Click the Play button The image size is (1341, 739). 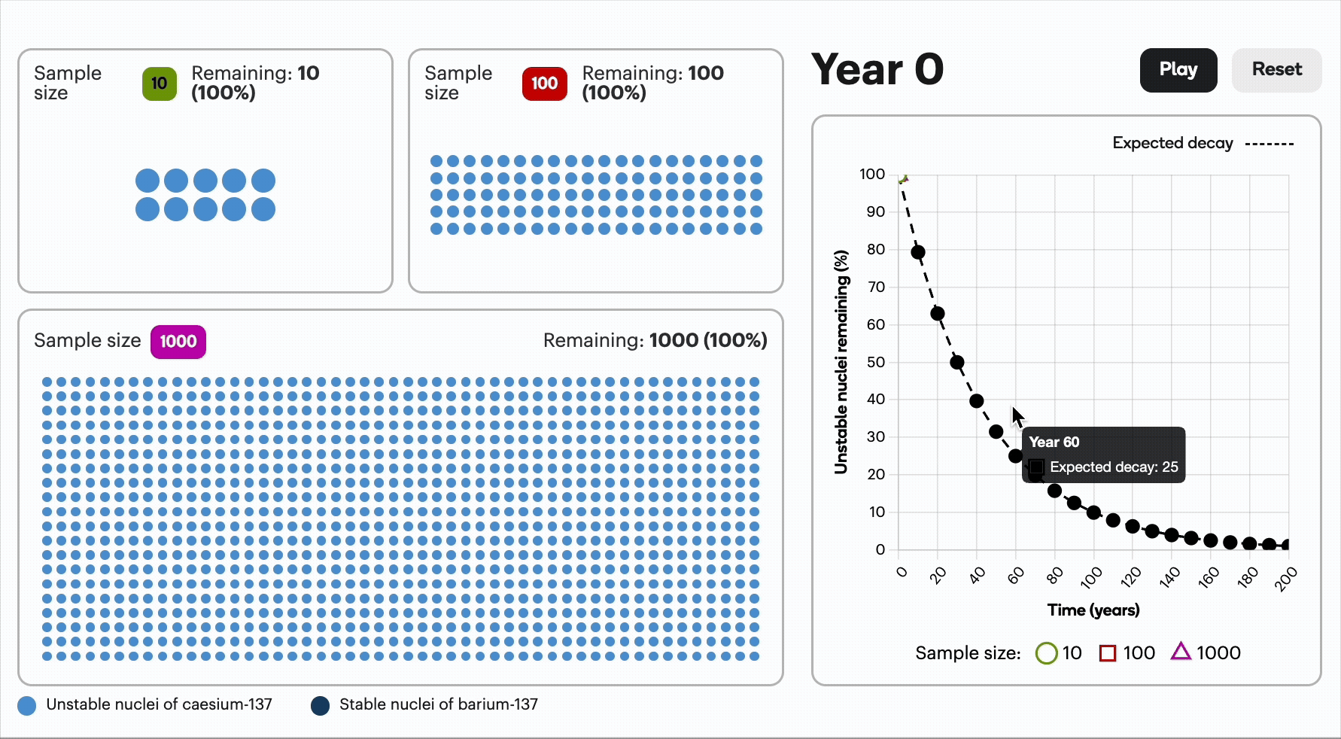tap(1178, 70)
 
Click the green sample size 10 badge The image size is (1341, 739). tap(160, 84)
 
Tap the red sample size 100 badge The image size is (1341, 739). tap(544, 84)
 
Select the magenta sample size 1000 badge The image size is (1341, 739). tap(178, 342)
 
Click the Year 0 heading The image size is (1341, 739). tap(877, 70)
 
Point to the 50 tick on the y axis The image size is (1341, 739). tap(875, 362)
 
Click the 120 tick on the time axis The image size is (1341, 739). tap(1130, 577)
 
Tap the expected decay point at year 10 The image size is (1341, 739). tap(918, 252)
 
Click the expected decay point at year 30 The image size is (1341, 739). tap(957, 362)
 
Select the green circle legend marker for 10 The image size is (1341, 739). tap(1046, 653)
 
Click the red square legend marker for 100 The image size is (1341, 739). tap(1108, 653)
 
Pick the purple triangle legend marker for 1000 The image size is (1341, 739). tap(1181, 652)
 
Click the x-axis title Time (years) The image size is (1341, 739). tap(1093, 610)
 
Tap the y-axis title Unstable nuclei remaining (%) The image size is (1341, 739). tap(841, 362)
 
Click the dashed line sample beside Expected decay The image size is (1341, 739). tap(1269, 144)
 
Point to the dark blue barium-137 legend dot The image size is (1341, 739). tap(320, 706)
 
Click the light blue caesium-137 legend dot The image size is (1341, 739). tap(27, 706)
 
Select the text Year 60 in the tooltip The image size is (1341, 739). tap(1054, 442)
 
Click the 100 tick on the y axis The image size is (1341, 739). tap(872, 175)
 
